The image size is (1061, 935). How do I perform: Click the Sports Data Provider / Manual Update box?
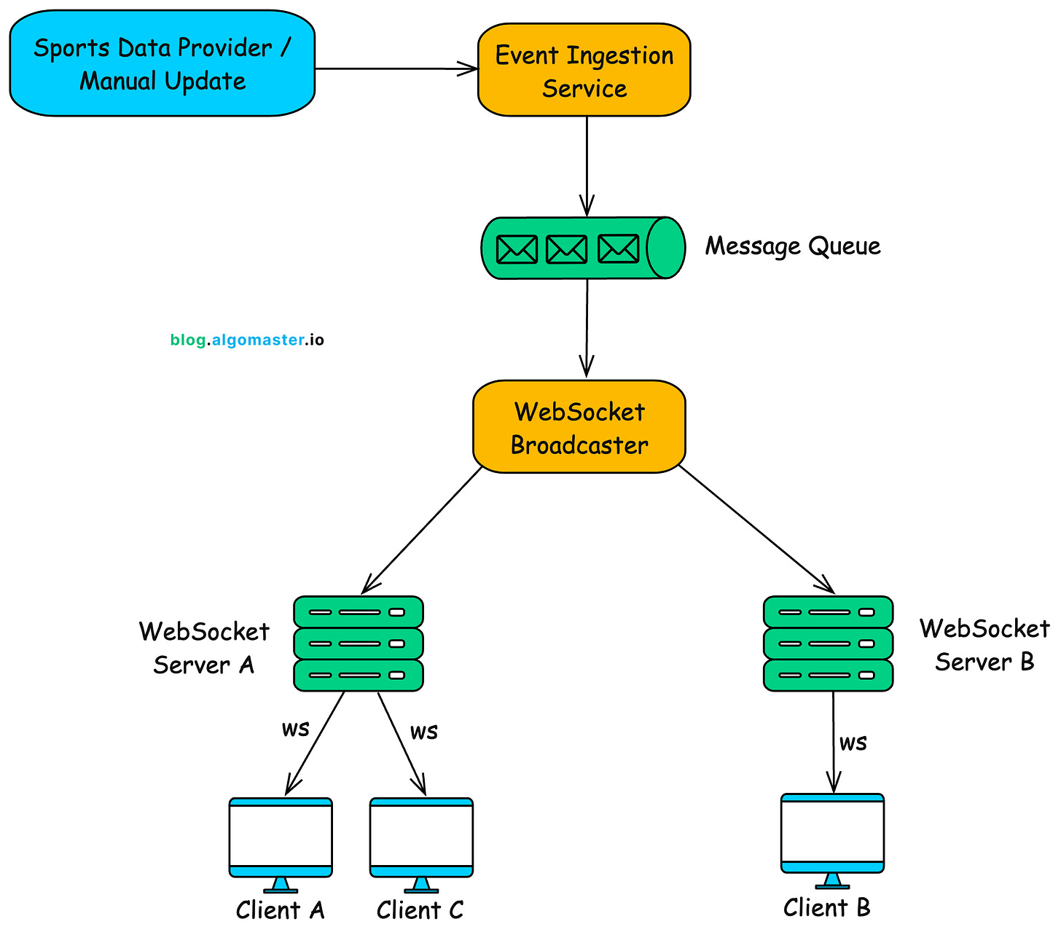click(x=162, y=64)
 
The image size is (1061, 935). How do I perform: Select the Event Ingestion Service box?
click(x=584, y=71)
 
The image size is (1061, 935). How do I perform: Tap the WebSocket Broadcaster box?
click(x=579, y=427)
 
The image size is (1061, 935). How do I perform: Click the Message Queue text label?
click(x=792, y=246)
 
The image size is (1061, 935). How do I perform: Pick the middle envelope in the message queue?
click(x=566, y=249)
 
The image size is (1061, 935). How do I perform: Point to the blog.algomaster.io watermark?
click(x=247, y=340)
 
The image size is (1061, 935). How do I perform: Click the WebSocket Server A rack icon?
click(x=359, y=643)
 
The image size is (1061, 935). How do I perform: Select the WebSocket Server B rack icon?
click(x=828, y=643)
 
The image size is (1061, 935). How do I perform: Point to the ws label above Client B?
click(x=853, y=743)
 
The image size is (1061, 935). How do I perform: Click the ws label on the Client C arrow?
click(x=423, y=731)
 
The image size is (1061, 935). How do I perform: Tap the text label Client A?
click(x=280, y=910)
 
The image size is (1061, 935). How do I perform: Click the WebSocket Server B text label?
click(x=984, y=645)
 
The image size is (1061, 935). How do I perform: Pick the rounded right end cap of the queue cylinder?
click(x=665, y=248)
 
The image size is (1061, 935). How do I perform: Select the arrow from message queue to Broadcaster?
click(x=587, y=328)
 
